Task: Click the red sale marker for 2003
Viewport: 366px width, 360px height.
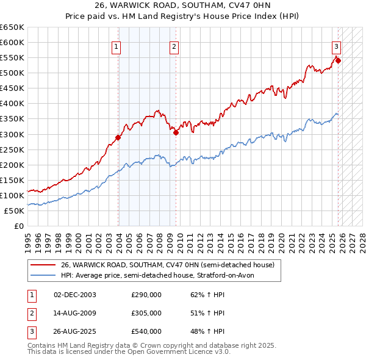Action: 118,137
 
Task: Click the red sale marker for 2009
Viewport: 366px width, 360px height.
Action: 176,132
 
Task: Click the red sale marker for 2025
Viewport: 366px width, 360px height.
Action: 338,60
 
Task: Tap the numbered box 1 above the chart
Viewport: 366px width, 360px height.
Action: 116,46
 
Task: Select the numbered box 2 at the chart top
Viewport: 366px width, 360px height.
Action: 174,46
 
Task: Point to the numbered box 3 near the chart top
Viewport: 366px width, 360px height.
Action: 336,46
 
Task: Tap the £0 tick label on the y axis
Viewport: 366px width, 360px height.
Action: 18,226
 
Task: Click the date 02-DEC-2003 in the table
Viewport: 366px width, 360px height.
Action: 75,295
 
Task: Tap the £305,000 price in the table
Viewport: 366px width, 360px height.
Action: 146,313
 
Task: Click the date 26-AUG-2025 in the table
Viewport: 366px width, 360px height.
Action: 75,331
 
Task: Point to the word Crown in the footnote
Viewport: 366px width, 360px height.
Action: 159,345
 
